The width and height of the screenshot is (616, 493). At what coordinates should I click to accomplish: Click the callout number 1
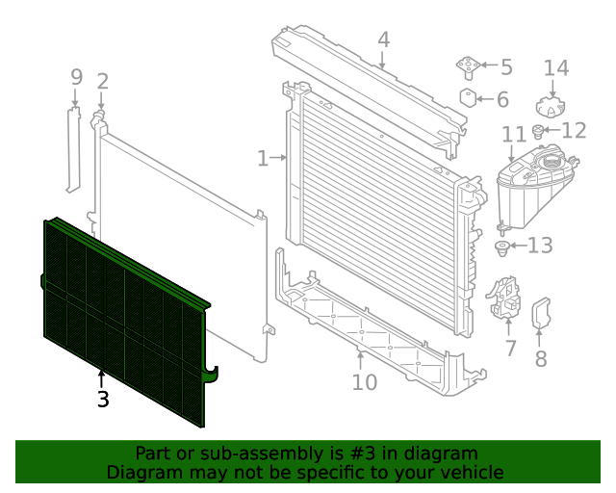pyautogui.click(x=262, y=158)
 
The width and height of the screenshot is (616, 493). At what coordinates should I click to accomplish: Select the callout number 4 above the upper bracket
pyautogui.click(x=383, y=40)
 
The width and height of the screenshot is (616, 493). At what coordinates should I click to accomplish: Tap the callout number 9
pyautogui.click(x=77, y=77)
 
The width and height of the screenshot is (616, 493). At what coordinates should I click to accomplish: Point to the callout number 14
pyautogui.click(x=556, y=68)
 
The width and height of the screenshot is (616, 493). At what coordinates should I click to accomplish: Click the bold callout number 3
pyautogui.click(x=102, y=398)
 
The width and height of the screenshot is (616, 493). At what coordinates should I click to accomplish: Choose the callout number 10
pyautogui.click(x=364, y=382)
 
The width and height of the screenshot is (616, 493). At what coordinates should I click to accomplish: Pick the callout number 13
pyautogui.click(x=540, y=246)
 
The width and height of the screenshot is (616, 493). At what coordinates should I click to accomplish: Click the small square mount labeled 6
pyautogui.click(x=469, y=98)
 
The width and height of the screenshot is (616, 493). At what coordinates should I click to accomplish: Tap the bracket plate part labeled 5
pyautogui.click(x=467, y=66)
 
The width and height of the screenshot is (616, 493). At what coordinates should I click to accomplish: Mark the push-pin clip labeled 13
pyautogui.click(x=502, y=249)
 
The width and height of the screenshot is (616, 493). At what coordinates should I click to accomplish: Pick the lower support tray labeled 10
pyautogui.click(x=366, y=327)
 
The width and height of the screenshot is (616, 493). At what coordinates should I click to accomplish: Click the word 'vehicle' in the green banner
pyautogui.click(x=471, y=472)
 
